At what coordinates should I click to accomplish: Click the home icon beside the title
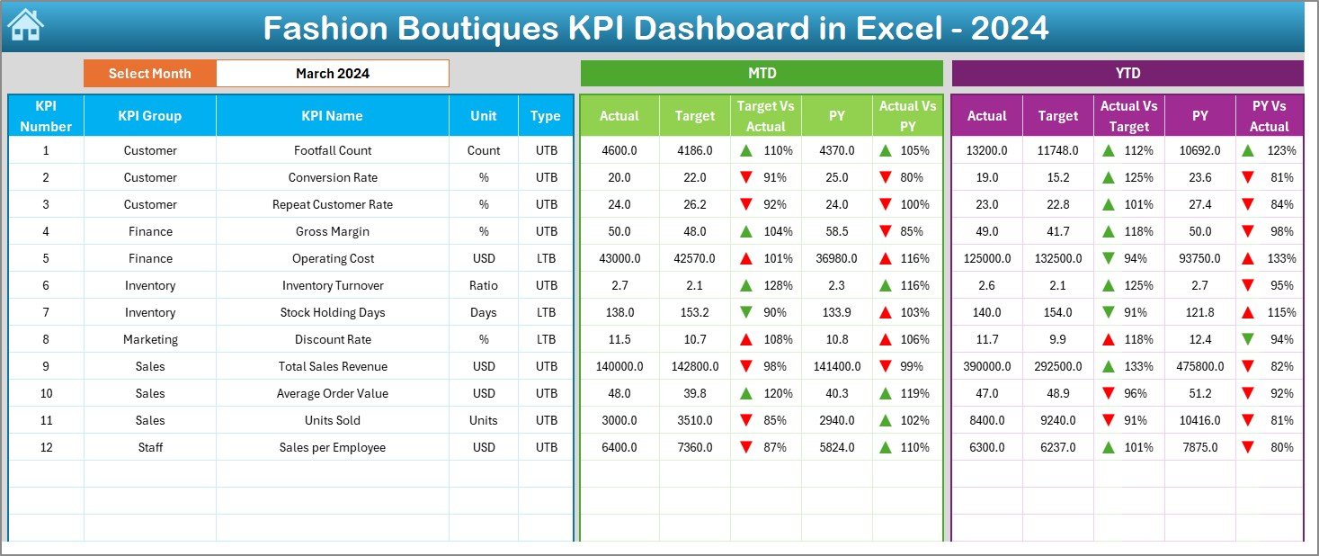25,26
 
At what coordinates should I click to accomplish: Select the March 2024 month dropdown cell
332,74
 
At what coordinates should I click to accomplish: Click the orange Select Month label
149,74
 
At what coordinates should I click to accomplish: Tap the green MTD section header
762,74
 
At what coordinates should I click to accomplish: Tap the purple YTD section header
1127,74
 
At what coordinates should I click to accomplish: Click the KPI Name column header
332,116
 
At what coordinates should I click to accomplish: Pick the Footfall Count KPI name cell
332,150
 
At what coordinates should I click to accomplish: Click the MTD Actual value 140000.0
619,366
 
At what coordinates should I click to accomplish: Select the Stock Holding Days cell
332,312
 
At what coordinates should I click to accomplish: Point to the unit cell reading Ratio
483,285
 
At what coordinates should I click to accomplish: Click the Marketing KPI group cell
150,339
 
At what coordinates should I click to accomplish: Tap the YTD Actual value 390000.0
986,366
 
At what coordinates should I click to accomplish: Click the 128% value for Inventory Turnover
779,285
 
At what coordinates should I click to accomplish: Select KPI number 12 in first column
46,447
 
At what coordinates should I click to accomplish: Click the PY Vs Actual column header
1269,116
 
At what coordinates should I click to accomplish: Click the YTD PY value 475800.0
1199,366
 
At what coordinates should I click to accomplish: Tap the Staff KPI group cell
150,447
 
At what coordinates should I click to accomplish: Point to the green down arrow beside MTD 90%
746,312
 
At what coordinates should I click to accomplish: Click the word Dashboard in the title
714,29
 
